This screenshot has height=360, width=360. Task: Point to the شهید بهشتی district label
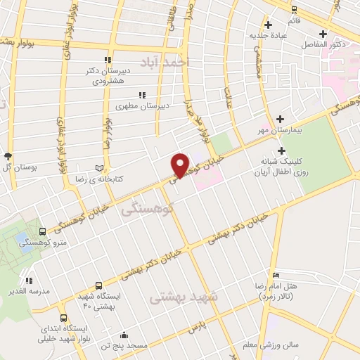(185, 297)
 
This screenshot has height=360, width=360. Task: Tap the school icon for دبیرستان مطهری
(142, 94)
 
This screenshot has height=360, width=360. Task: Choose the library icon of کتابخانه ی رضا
(98, 168)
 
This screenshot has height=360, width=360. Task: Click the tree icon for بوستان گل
(8, 155)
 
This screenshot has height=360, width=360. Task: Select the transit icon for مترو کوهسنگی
(43, 231)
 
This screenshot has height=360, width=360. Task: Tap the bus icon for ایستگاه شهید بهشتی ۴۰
(98, 286)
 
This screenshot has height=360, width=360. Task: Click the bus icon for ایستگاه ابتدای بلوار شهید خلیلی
(64, 317)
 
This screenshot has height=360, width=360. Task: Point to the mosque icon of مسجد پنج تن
(124, 335)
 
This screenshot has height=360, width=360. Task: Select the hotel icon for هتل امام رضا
(276, 274)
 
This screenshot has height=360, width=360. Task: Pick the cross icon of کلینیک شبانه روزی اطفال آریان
(281, 150)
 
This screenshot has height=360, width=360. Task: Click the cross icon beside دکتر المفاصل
(323, 33)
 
